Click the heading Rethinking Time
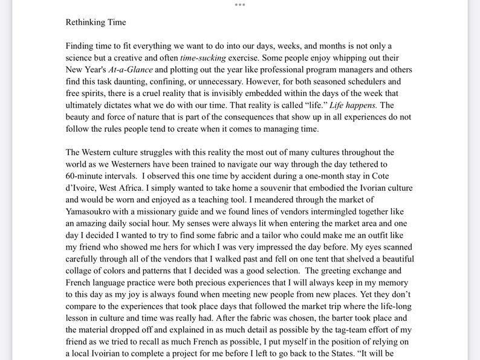[96, 23]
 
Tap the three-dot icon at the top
[240, 4]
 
